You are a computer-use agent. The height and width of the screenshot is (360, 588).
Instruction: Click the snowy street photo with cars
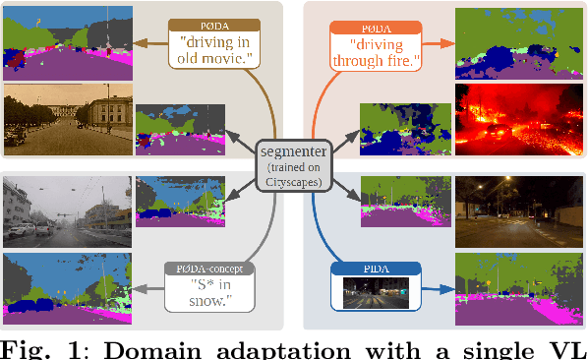click(65, 210)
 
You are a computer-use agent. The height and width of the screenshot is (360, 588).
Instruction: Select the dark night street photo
click(519, 210)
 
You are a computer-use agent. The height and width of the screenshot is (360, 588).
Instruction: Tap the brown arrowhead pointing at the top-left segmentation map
click(141, 41)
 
